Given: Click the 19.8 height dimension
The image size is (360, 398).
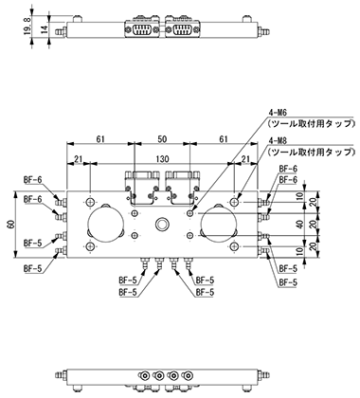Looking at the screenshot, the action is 27,26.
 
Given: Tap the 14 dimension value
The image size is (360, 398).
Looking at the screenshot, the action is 45,29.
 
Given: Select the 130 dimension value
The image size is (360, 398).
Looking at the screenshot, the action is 162,158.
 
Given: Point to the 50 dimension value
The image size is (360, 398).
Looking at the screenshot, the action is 162,139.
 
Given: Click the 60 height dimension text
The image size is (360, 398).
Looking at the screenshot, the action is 11,225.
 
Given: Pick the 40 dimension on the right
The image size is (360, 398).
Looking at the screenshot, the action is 300,225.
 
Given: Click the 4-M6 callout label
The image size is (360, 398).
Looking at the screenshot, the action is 276,113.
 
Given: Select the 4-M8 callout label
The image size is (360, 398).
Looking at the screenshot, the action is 276,140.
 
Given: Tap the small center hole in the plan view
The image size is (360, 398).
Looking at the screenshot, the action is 162,225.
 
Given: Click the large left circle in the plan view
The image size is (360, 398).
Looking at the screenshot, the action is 105,206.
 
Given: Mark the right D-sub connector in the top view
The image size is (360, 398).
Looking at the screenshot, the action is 183,29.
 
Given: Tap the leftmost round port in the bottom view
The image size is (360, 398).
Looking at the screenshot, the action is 145,376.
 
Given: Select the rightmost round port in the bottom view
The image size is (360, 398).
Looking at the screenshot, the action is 189,376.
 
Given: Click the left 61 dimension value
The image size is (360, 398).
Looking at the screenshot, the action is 100,139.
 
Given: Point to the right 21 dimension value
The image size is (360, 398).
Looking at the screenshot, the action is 245,158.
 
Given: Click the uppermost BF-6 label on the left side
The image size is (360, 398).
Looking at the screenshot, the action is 32,180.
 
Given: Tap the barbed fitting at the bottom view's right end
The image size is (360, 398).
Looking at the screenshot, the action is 264,376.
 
